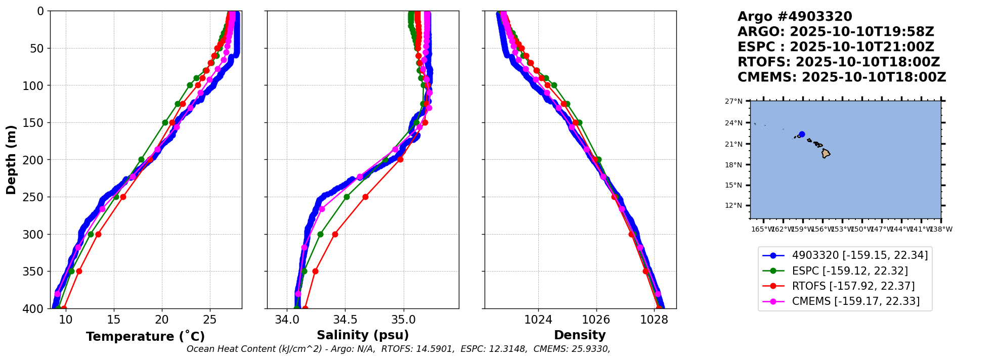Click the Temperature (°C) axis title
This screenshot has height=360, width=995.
[145, 337]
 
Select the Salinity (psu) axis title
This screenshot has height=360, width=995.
[363, 335]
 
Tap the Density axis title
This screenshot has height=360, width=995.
[580, 335]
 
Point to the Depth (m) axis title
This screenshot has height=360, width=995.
[11, 160]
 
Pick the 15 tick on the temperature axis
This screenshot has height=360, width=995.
[114, 320]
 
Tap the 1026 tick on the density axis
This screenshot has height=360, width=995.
[596, 320]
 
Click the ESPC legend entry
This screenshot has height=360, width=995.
[850, 271]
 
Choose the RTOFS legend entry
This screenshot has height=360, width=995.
[853, 286]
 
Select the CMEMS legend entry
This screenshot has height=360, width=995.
[855, 301]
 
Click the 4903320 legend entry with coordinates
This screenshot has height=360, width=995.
[859, 256]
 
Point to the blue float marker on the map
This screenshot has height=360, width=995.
[802, 134]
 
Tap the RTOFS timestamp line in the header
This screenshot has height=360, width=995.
[838, 62]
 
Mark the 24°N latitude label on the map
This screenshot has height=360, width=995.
[734, 123]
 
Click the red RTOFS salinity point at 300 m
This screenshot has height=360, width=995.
[335, 234]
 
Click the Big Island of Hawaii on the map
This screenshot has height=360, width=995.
[826, 153]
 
